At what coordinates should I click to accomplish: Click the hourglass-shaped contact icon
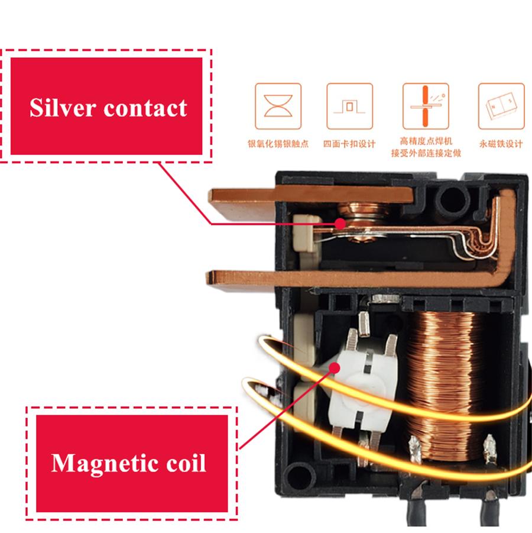tap(278, 106)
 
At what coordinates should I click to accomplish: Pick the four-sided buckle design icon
tap(349, 106)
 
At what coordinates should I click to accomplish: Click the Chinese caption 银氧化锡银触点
tap(278, 144)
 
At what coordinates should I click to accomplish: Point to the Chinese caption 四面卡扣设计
tap(349, 144)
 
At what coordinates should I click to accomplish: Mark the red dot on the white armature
tap(335, 368)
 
